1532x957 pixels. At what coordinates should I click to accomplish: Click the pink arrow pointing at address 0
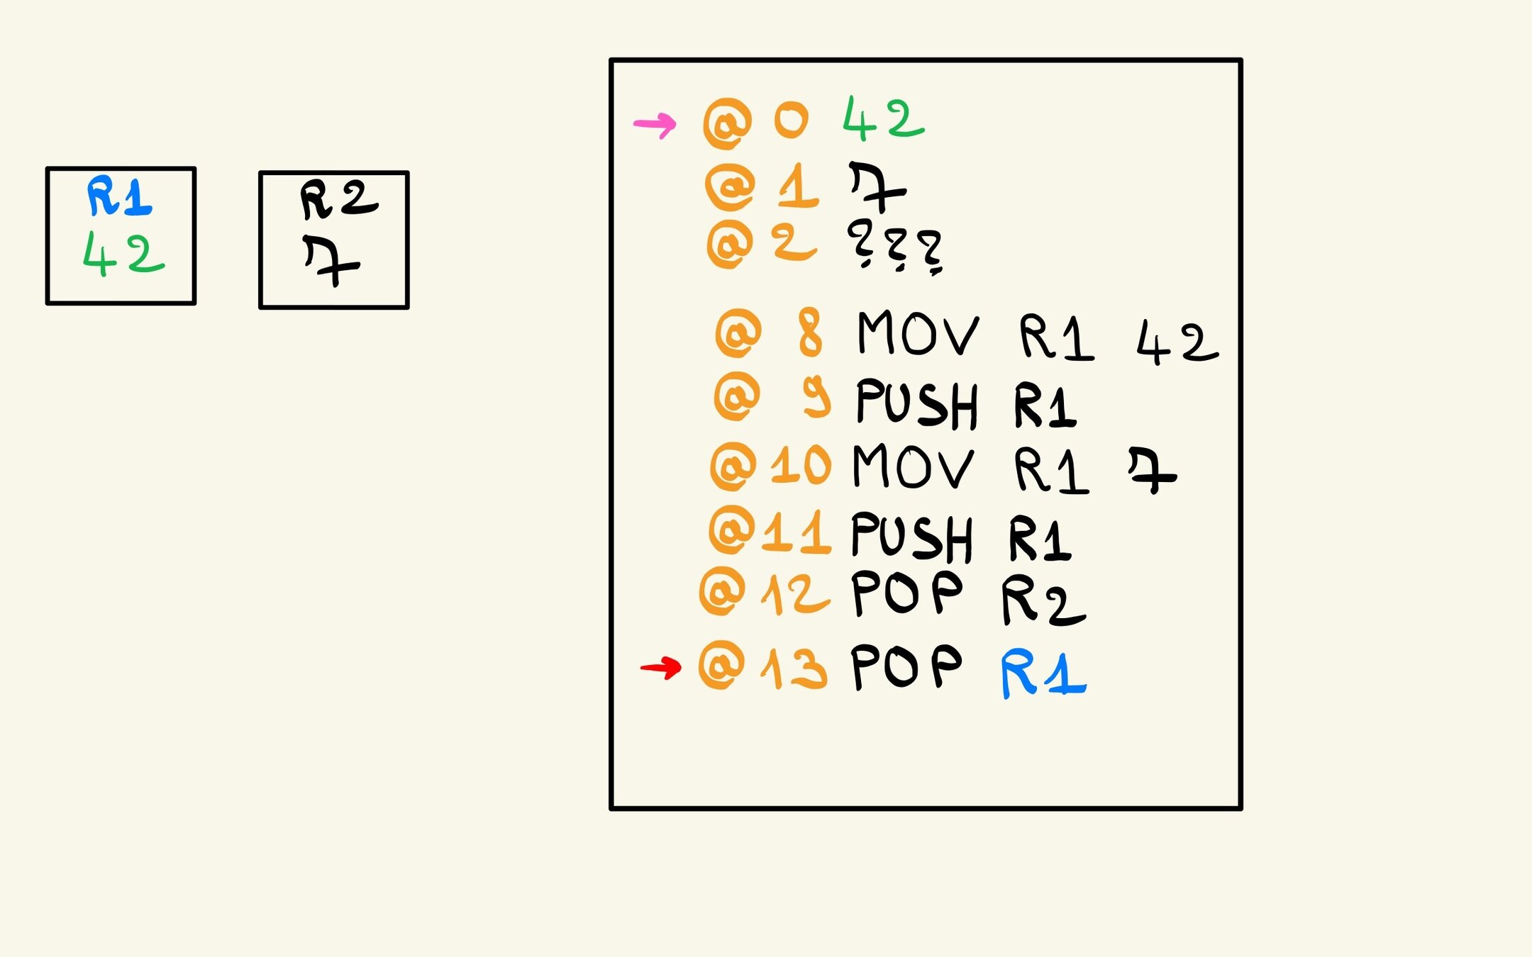[655, 125]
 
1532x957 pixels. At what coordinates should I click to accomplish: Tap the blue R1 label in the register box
[119, 196]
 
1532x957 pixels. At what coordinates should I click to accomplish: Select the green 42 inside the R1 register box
[123, 253]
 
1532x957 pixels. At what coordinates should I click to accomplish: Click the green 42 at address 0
[883, 118]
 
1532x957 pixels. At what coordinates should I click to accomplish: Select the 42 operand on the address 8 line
[1177, 342]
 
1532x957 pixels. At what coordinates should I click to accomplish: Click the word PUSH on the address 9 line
[916, 403]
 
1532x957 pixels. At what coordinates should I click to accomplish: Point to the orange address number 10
[801, 466]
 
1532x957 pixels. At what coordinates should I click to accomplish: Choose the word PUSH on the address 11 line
[911, 537]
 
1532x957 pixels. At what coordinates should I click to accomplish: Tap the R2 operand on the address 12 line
[1043, 601]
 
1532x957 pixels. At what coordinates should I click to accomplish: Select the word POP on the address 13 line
[906, 666]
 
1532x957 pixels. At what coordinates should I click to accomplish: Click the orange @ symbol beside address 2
[730, 245]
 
